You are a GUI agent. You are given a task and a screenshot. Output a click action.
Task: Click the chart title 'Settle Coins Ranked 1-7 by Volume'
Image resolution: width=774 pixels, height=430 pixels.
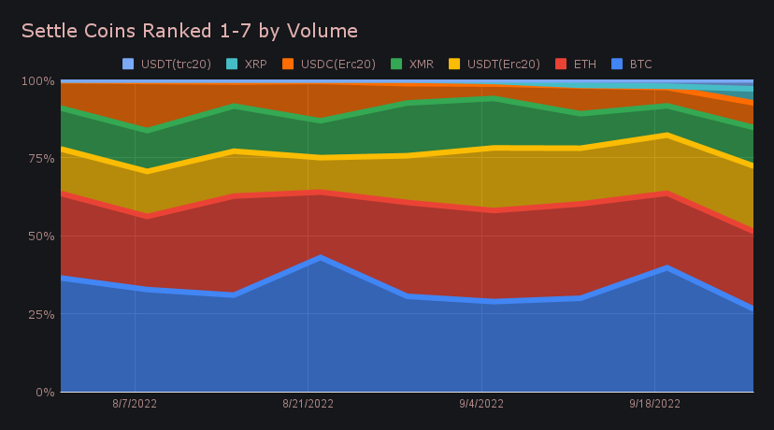coord(190,31)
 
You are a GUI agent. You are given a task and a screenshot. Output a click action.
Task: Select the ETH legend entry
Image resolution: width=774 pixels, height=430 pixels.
coord(577,64)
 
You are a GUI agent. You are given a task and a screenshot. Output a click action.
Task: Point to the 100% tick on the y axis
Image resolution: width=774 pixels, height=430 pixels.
coord(37,81)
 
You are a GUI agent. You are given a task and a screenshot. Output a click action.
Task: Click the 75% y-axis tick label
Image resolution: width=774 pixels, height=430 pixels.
coord(40,159)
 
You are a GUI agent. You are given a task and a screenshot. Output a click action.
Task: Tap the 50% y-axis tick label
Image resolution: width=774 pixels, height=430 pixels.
coord(40,236)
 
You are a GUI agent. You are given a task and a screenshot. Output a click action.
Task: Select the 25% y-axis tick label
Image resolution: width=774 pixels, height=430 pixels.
coord(40,314)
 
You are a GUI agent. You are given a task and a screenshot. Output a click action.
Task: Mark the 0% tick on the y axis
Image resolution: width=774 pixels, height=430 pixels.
coord(43,392)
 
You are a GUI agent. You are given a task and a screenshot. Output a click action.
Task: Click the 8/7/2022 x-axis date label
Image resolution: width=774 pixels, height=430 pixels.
coord(136,405)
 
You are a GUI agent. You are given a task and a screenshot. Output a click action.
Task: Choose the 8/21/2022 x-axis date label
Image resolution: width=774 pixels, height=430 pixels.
coord(308,405)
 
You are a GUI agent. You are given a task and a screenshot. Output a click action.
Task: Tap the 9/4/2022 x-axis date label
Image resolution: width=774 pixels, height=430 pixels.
coord(481,405)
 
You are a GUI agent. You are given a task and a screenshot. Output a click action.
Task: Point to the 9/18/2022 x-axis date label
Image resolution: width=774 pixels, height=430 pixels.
coord(654,405)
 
